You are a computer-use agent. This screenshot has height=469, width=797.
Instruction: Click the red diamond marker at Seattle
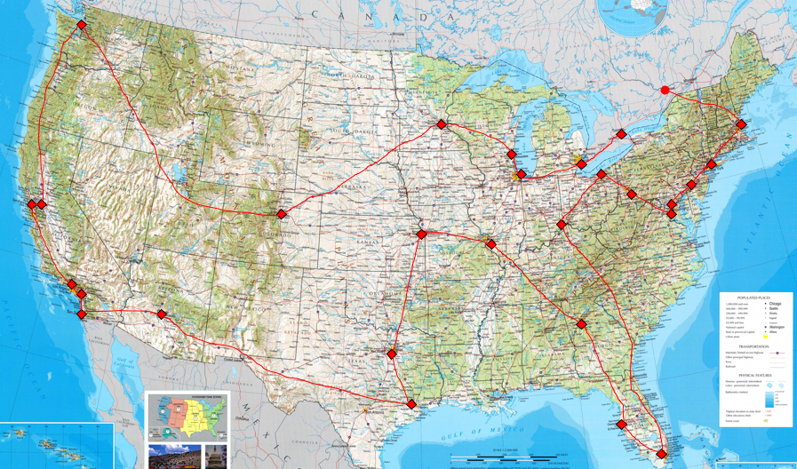pos(82,25)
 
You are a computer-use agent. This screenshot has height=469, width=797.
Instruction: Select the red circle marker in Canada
pos(665,90)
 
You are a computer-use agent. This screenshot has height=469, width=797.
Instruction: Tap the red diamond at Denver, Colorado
pos(282,214)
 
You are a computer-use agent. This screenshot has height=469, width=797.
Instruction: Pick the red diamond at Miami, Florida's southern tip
pos(661,454)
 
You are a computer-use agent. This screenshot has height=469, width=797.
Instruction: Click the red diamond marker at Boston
pos(741,124)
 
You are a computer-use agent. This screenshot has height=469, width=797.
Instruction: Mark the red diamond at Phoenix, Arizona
pos(162,314)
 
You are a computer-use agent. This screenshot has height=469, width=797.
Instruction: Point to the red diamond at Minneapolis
pos(441,124)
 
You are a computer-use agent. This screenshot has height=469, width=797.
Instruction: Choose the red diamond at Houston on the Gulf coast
pos(410,404)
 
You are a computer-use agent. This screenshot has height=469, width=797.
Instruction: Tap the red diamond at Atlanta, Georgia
pos(582,324)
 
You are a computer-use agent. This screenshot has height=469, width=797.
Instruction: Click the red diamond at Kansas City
pos(422,234)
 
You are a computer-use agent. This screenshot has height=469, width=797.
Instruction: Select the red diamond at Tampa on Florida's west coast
pos(622,425)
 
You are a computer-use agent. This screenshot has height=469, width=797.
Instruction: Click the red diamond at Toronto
pos(622,134)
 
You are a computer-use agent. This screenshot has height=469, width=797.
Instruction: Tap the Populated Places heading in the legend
pos(758,298)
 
